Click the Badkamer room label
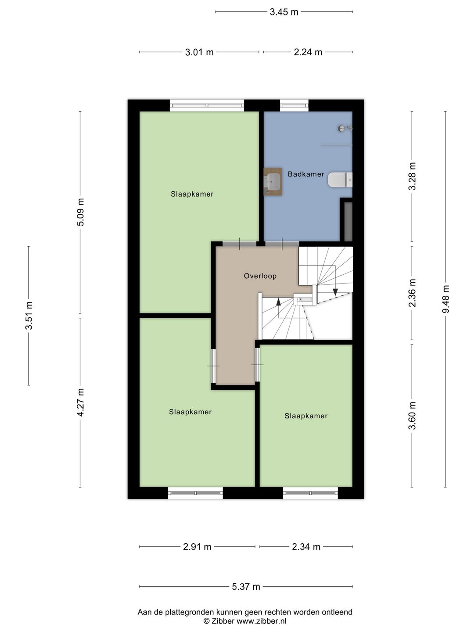(306, 174)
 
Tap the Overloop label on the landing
(260, 276)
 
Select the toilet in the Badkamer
(340, 180)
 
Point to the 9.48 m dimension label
(445, 299)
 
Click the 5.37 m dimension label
(246, 586)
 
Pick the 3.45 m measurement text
(284, 12)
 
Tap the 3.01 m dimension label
(199, 52)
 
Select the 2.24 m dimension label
(308, 52)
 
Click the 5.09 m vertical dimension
(80, 212)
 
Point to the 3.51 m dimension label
(29, 315)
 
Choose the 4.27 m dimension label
(80, 402)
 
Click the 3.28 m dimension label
(412, 176)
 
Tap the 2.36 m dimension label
(412, 293)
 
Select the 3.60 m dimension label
(412, 416)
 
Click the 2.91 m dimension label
(197, 547)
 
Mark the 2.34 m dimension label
(306, 547)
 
